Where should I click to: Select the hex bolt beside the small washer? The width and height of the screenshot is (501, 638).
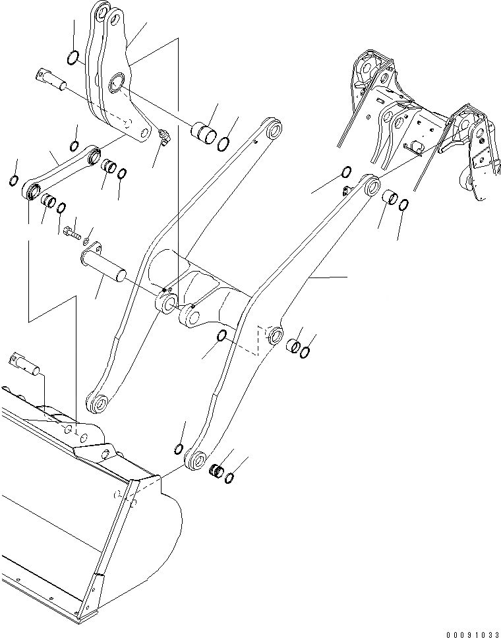(71, 231)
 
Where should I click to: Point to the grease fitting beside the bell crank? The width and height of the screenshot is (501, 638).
(163, 138)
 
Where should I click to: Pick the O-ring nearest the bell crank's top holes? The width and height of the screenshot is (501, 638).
(75, 59)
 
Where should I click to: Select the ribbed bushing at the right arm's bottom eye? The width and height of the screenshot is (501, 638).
(214, 471)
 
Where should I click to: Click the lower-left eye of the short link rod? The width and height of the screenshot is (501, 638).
(30, 191)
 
